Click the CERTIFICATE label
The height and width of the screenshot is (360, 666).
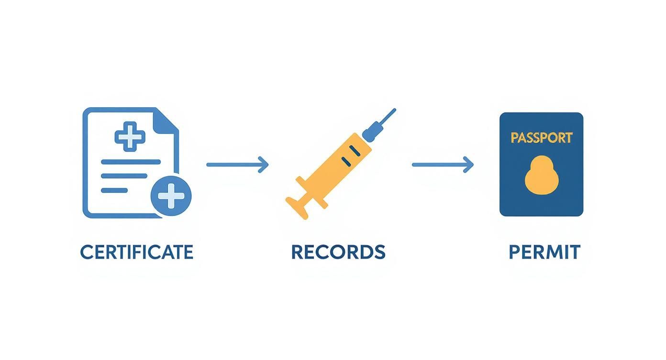[x=136, y=252]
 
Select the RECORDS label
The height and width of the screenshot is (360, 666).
[x=338, y=252]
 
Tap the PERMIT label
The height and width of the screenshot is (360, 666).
[x=544, y=252]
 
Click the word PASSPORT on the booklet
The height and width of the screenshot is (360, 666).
[x=541, y=138]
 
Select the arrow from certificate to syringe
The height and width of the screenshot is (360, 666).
[x=237, y=165]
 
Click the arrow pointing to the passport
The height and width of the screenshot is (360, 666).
[x=443, y=165]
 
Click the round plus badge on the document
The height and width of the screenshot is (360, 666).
[x=171, y=195]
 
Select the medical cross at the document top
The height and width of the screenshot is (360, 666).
[x=130, y=136]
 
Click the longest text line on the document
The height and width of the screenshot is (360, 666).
[x=131, y=162]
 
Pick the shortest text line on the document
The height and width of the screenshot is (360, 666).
[x=114, y=190]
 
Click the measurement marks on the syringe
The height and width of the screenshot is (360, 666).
[x=350, y=157]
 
